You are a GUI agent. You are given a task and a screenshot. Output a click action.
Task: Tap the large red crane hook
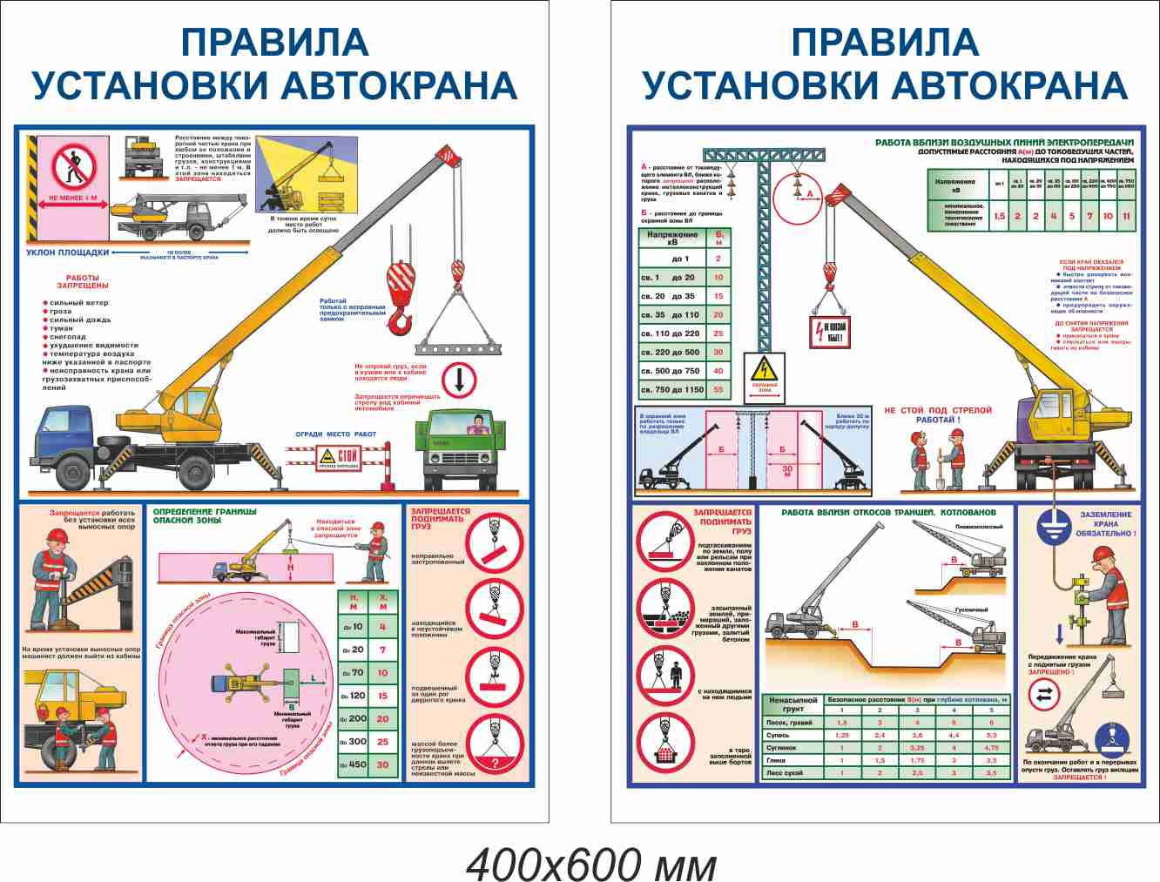(399, 296)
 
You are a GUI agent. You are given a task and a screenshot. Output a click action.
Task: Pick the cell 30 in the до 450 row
(382, 764)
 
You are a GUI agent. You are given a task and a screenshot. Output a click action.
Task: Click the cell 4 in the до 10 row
(382, 626)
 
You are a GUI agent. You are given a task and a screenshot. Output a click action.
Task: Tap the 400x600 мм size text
(591, 865)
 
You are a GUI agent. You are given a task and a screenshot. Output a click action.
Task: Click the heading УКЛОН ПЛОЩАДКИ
(68, 252)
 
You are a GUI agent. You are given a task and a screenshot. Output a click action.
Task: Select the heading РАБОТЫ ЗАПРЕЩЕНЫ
(83, 281)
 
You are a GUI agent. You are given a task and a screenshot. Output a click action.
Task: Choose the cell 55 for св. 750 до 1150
(718, 390)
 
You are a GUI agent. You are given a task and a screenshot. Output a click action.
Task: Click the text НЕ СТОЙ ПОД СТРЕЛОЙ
(938, 410)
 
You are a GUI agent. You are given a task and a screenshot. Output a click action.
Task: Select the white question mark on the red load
(495, 764)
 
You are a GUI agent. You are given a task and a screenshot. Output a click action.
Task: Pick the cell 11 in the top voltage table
(1126, 216)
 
